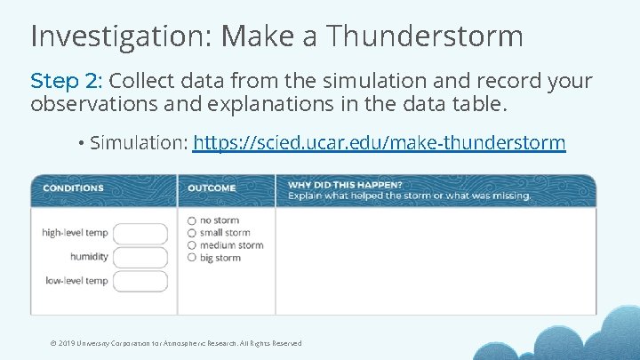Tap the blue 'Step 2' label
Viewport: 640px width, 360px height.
(x=66, y=81)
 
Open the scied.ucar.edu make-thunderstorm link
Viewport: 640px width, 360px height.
(x=379, y=142)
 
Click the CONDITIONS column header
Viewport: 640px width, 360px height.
(x=73, y=188)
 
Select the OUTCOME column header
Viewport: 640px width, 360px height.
(x=212, y=188)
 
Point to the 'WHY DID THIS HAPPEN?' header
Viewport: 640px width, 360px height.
(x=332, y=184)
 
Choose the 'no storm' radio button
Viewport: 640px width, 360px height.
(x=192, y=220)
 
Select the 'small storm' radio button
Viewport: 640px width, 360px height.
(x=192, y=233)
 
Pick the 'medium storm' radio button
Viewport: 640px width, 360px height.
(x=192, y=245)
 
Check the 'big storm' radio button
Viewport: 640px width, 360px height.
(x=192, y=258)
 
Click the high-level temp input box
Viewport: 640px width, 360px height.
(x=140, y=234)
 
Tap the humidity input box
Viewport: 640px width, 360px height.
(x=140, y=257)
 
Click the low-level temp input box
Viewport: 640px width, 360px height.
(x=140, y=281)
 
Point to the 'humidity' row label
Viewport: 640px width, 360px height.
(x=89, y=257)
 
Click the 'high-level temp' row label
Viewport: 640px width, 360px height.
(x=75, y=233)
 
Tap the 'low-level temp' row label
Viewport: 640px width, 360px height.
(x=76, y=281)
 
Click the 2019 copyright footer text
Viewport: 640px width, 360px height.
(x=176, y=343)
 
